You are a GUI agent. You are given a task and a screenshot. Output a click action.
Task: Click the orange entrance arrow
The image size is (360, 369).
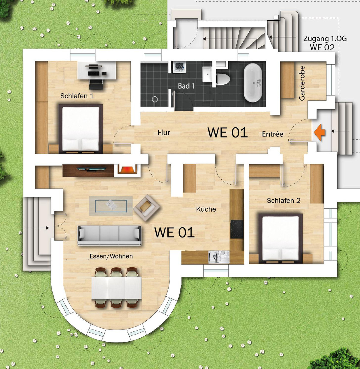coord(319,132)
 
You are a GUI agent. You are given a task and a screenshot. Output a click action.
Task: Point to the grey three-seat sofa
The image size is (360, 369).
coord(109,235)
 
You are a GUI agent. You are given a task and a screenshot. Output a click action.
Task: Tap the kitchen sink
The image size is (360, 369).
coord(219,257)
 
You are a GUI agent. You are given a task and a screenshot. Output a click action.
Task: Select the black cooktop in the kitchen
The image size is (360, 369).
coord(237,229)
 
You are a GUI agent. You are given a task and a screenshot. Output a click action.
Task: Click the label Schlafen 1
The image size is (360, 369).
coord(77,96)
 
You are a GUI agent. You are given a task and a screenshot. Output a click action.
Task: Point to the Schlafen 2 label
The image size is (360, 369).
coord(283,201)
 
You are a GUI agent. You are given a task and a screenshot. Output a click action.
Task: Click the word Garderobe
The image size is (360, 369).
coord(302,83)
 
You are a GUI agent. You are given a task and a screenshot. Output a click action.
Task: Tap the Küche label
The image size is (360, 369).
coord(206,209)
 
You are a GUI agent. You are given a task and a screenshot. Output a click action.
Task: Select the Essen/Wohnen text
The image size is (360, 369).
coord(111,256)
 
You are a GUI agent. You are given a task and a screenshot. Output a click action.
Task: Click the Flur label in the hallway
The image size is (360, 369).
coord(164,132)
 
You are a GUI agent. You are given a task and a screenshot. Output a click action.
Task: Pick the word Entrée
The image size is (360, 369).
coord(272,134)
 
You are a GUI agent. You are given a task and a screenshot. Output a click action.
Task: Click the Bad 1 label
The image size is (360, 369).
coord(186,86)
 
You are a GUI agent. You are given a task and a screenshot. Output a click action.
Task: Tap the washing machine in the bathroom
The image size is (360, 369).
coord(179,67)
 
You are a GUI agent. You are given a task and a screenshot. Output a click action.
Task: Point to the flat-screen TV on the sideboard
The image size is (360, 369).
coord(91,169)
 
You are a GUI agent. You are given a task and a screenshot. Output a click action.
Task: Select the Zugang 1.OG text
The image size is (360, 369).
coord(325,39)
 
